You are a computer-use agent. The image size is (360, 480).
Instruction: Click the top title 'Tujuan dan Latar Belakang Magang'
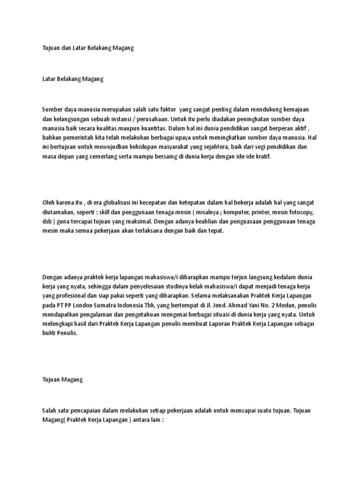pyautogui.click(x=88, y=48)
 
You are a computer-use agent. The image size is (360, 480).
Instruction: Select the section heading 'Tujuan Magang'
pyautogui.click(x=62, y=367)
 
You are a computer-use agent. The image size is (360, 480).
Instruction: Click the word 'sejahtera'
pyautogui.click(x=215, y=148)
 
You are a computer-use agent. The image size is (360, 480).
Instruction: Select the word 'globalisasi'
pyautogui.click(x=99, y=202)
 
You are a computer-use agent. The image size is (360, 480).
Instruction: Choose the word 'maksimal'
pyautogui.click(x=137, y=222)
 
